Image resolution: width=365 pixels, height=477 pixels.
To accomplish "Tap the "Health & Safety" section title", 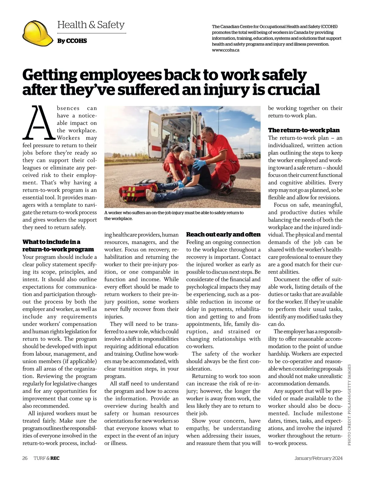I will tap(91, 25).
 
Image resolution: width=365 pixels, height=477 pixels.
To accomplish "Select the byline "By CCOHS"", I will tap(72, 41).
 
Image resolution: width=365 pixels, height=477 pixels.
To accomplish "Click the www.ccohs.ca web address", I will tap(225, 50).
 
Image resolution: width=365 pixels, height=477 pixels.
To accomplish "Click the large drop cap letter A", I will tap(39, 122).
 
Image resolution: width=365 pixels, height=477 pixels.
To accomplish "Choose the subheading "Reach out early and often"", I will tap(223, 234).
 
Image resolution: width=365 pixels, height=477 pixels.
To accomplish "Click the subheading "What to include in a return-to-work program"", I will tap(58, 246).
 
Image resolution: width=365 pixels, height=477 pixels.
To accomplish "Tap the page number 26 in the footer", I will tap(25, 458).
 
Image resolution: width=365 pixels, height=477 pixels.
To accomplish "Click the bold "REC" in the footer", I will tap(55, 458).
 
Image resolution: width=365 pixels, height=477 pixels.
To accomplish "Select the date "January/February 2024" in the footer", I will tap(318, 458).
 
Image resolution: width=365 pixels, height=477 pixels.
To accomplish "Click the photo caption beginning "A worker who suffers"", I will tap(174, 215).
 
